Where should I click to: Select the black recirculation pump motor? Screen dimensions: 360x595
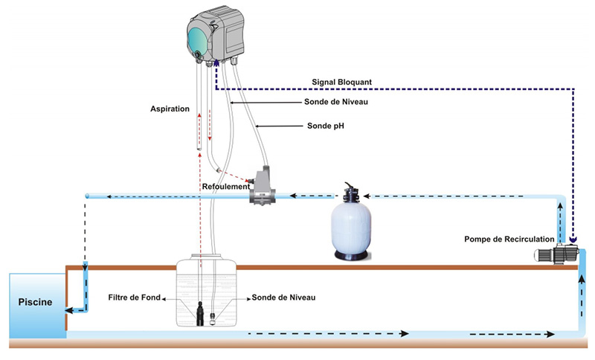point(558,255)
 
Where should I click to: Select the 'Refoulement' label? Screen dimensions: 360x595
point(225,187)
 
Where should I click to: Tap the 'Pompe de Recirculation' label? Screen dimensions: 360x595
point(509,239)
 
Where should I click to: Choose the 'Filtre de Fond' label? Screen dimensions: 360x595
point(133,298)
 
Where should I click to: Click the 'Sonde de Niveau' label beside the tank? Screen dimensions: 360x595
point(283,298)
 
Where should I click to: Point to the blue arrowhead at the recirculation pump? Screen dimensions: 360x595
point(573,240)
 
